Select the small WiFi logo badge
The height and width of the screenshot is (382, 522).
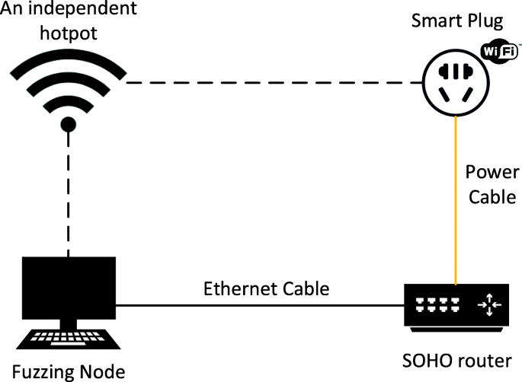point(499,52)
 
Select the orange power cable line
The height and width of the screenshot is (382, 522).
point(456,198)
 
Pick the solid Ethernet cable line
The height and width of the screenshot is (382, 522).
point(259,306)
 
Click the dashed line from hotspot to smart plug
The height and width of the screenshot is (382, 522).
point(274,82)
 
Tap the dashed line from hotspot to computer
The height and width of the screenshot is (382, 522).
point(68,198)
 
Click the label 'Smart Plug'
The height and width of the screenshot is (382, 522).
point(453,18)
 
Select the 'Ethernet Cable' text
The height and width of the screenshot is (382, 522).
point(266,289)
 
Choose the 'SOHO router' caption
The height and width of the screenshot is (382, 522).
point(455,359)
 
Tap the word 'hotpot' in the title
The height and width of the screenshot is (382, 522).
point(66,34)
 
